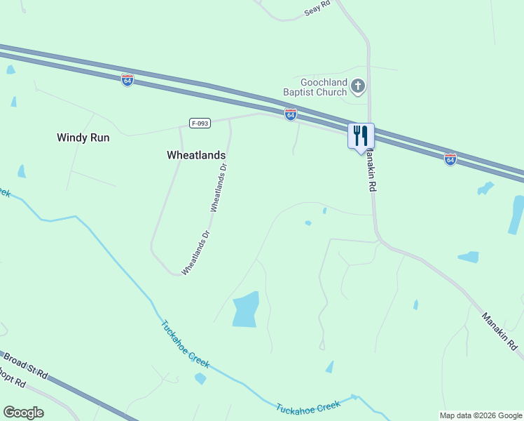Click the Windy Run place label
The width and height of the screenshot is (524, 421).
83,138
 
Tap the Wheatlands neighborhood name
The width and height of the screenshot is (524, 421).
196,154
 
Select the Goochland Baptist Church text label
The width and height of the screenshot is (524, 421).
315,86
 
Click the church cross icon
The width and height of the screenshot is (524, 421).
358,86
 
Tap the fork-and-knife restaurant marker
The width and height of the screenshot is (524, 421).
361,135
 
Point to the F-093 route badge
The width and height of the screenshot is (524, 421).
200,123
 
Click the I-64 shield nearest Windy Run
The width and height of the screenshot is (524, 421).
127,80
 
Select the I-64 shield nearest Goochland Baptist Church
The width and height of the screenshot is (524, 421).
290,114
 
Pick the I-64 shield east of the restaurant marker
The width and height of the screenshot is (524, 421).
450,159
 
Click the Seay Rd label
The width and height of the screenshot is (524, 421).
317,10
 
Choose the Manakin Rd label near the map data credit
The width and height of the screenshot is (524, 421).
499,331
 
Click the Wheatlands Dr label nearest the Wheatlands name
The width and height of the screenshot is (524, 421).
219,187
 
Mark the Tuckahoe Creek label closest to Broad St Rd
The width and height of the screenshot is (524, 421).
185,345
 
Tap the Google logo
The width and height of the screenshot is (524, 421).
23,412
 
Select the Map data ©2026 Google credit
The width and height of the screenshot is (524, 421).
480,415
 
